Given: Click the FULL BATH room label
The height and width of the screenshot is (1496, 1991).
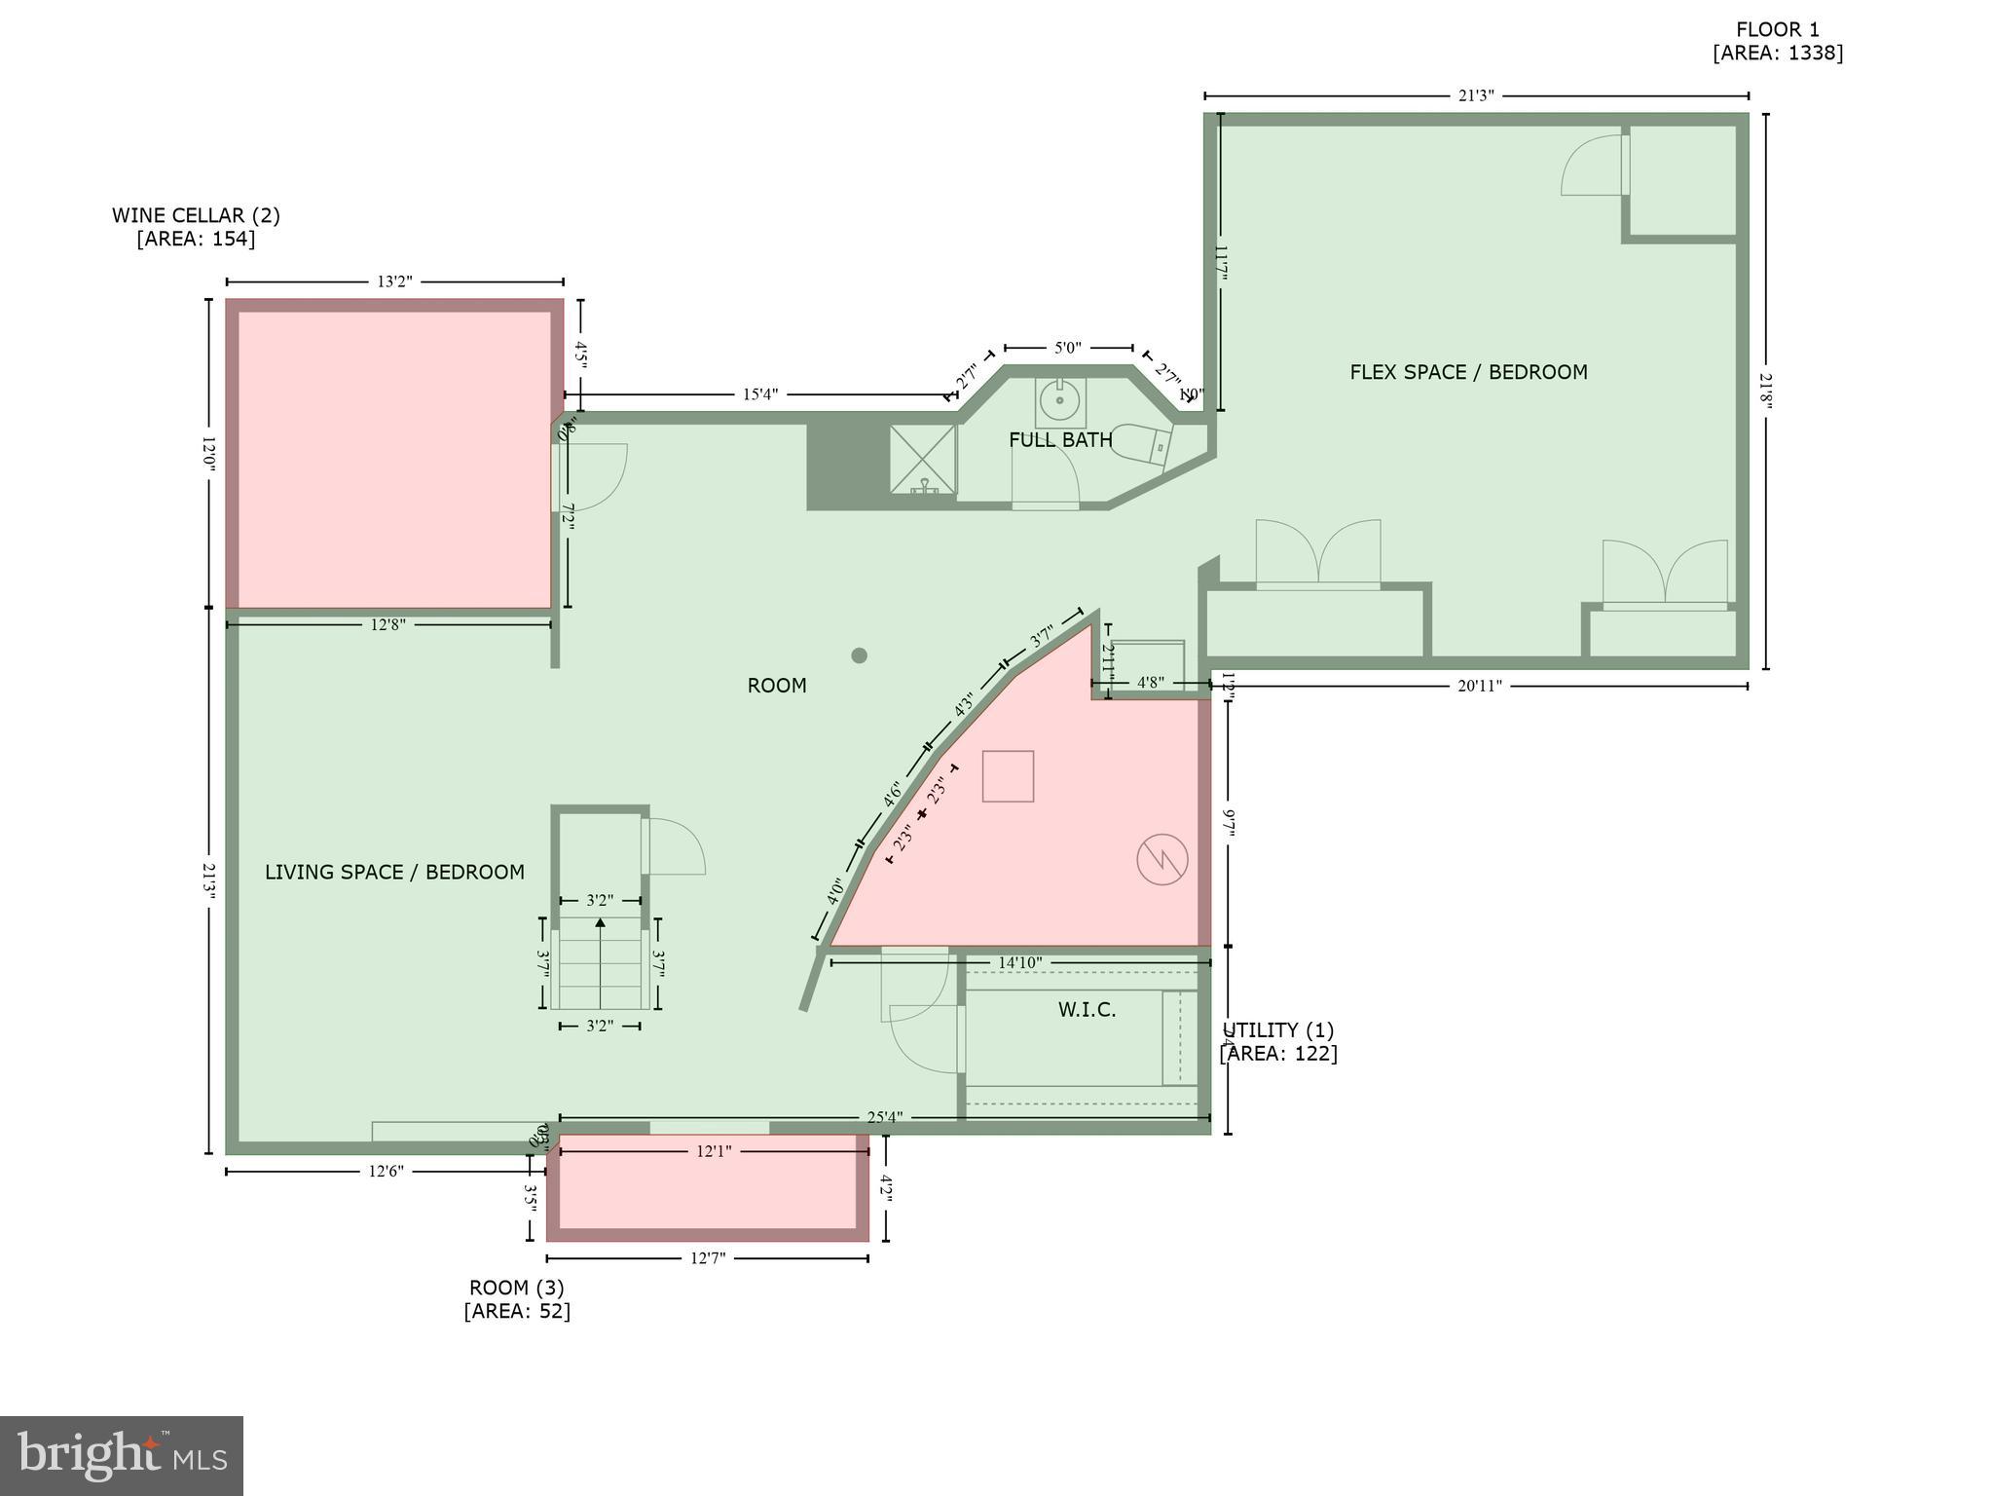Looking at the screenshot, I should (x=1060, y=440).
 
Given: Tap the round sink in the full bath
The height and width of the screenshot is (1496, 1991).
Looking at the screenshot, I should (x=1058, y=399).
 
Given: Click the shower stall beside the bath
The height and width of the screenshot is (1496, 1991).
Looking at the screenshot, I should (x=922, y=458).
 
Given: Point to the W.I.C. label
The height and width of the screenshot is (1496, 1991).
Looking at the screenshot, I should (x=1087, y=1010).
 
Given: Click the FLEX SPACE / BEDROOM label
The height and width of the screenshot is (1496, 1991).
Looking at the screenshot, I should (x=1468, y=372).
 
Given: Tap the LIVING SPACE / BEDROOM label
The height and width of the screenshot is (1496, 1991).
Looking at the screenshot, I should (x=394, y=873).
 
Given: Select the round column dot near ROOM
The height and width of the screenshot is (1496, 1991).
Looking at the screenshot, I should (x=859, y=655).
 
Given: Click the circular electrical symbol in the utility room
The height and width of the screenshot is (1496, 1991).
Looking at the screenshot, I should (x=1162, y=859).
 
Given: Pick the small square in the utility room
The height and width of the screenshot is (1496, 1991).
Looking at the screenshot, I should (x=1008, y=776).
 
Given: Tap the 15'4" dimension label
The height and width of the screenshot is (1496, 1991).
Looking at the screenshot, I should (x=760, y=394).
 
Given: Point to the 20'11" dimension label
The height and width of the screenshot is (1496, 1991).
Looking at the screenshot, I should (x=1480, y=686).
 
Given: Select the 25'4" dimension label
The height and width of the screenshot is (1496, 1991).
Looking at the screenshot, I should (x=883, y=1117).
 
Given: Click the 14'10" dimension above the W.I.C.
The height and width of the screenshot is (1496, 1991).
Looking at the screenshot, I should (x=1019, y=962).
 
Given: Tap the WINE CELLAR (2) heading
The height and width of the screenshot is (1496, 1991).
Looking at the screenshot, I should (x=196, y=215).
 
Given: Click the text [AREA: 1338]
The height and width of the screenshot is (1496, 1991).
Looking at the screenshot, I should (x=1778, y=54).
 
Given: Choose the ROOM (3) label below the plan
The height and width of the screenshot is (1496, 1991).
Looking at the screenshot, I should (x=516, y=1288).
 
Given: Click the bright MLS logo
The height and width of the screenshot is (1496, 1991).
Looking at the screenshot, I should (x=122, y=1456).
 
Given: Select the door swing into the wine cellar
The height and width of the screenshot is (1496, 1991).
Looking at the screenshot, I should (x=595, y=476).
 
